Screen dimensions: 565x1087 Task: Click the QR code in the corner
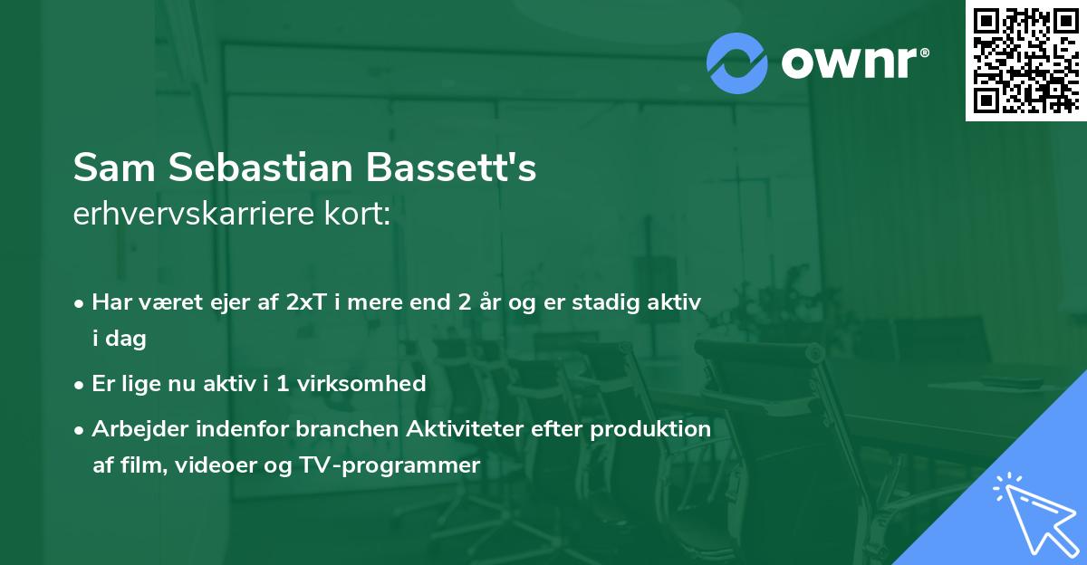pyautogui.click(x=1025, y=61)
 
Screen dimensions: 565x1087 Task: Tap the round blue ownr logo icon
pyautogui.click(x=736, y=62)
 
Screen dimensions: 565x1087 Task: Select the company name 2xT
pyautogui.click(x=304, y=302)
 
